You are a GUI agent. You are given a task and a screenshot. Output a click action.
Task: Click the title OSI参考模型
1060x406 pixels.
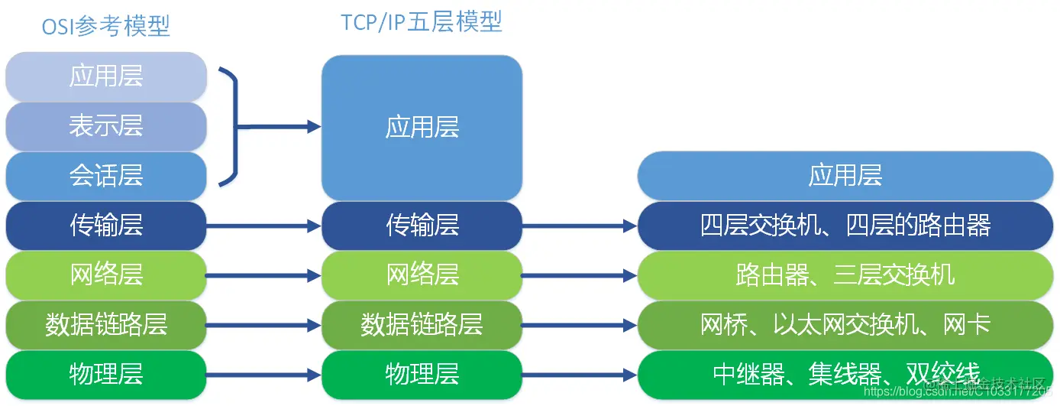pyautogui.click(x=106, y=27)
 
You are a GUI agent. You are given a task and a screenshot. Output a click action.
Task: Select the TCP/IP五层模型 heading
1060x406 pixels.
pyautogui.click(x=422, y=21)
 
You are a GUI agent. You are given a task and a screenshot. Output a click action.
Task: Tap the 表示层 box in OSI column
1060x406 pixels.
pyautogui.click(x=106, y=126)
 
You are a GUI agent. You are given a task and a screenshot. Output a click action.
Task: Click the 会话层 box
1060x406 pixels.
pyautogui.click(x=106, y=176)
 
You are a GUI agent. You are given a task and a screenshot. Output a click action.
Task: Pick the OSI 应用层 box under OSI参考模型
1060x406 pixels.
pyautogui.click(x=106, y=76)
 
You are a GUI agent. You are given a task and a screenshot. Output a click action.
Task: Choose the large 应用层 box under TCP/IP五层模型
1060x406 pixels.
pyautogui.click(x=422, y=128)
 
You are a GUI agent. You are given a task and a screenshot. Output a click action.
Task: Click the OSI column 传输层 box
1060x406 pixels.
pyautogui.click(x=106, y=226)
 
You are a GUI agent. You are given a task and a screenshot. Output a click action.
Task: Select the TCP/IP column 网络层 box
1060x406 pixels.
pyautogui.click(x=422, y=275)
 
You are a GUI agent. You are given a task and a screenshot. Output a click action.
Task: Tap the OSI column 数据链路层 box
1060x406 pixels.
pyautogui.click(x=106, y=325)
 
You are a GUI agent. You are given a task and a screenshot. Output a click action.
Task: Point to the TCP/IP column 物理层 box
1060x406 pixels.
pyautogui.click(x=422, y=375)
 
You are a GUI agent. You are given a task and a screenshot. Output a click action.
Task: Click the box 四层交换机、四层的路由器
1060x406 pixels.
pyautogui.click(x=845, y=226)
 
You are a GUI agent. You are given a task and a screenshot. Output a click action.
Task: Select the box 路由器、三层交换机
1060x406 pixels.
pyautogui.click(x=845, y=275)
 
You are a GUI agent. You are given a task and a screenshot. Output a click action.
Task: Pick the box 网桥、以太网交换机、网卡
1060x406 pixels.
pyautogui.click(x=845, y=325)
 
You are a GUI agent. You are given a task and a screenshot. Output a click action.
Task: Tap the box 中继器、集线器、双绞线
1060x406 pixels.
pyautogui.click(x=845, y=375)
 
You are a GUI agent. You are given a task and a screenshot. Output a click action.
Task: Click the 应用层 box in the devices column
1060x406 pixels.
pyautogui.click(x=845, y=176)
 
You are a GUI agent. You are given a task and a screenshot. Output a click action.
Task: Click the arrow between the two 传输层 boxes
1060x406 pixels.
pyautogui.click(x=263, y=226)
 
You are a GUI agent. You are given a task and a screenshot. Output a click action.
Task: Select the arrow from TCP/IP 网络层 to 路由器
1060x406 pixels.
pyautogui.click(x=580, y=275)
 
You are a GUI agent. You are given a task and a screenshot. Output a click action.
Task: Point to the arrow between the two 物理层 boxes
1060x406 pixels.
pyautogui.click(x=263, y=375)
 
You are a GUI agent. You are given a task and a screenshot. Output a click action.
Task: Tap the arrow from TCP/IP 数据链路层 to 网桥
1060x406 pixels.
pyautogui.click(x=580, y=325)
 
